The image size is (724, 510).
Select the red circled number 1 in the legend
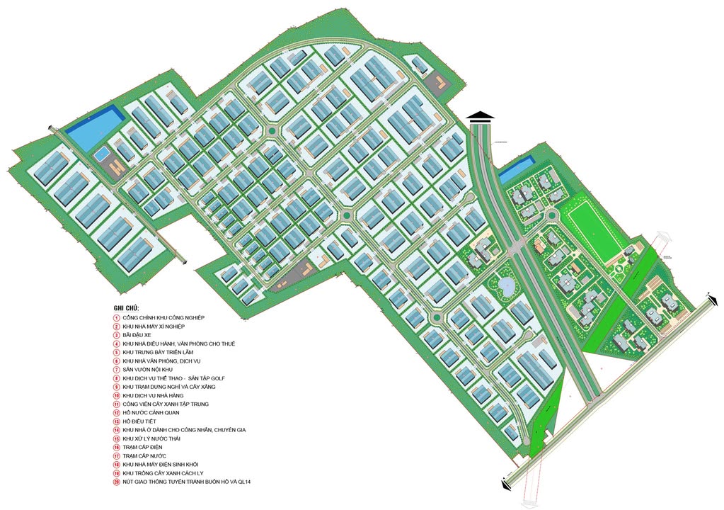click(117, 318)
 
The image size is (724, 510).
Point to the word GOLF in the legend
click(216, 378)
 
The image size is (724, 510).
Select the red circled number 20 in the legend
click(117, 482)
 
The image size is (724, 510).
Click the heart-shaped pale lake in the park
click(507, 286)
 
